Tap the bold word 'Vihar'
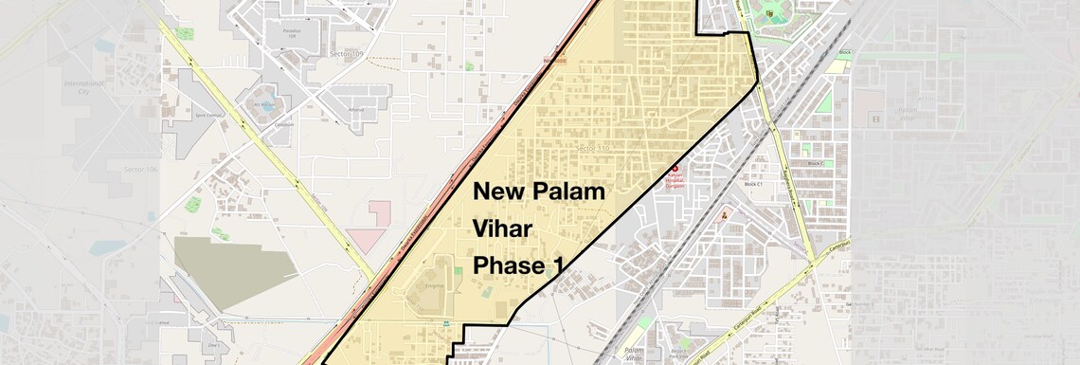click(504, 228)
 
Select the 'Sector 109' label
click(344, 54)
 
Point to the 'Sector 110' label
click(594, 149)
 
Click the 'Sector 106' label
click(139, 169)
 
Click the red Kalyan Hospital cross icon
click(675, 169)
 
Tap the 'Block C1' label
click(753, 185)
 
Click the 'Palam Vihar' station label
click(634, 355)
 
